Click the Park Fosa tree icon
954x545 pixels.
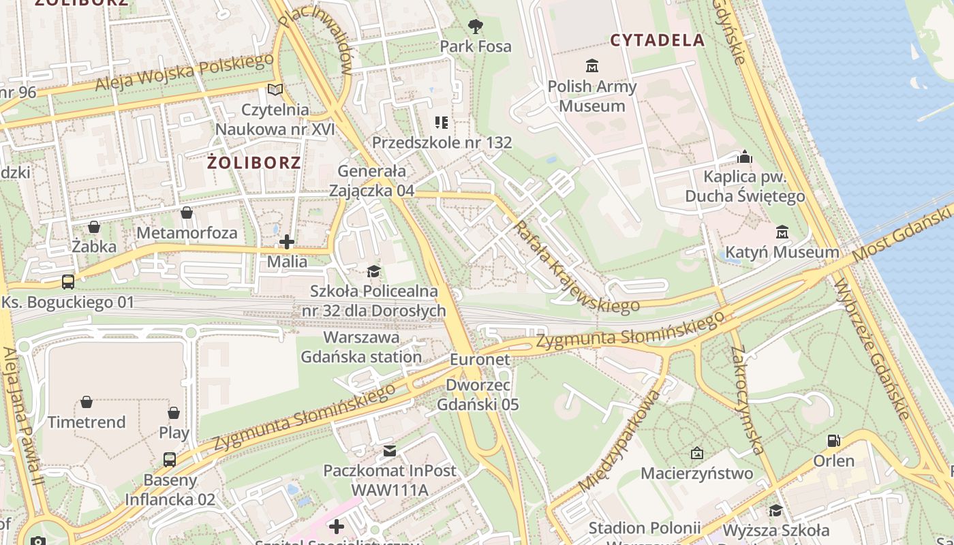point(476,27)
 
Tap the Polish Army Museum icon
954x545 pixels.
point(591,66)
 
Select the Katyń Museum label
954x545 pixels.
point(782,253)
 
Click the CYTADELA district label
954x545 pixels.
point(657,40)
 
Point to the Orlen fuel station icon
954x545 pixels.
point(833,441)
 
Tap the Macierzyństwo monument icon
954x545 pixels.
point(696,453)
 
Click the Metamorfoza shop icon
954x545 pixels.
point(187,213)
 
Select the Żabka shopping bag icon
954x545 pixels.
point(94,227)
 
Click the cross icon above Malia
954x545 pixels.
point(287,242)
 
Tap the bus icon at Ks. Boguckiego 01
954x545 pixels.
point(68,281)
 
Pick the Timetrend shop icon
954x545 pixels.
point(87,403)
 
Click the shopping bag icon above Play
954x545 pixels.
point(174,413)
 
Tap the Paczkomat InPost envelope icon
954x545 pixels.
point(389,451)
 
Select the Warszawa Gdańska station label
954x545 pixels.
point(361,347)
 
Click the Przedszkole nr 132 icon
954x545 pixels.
point(442,123)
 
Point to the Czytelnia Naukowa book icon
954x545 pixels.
point(275,90)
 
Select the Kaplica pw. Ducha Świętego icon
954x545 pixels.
point(745,157)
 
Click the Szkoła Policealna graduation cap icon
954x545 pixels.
point(373,272)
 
